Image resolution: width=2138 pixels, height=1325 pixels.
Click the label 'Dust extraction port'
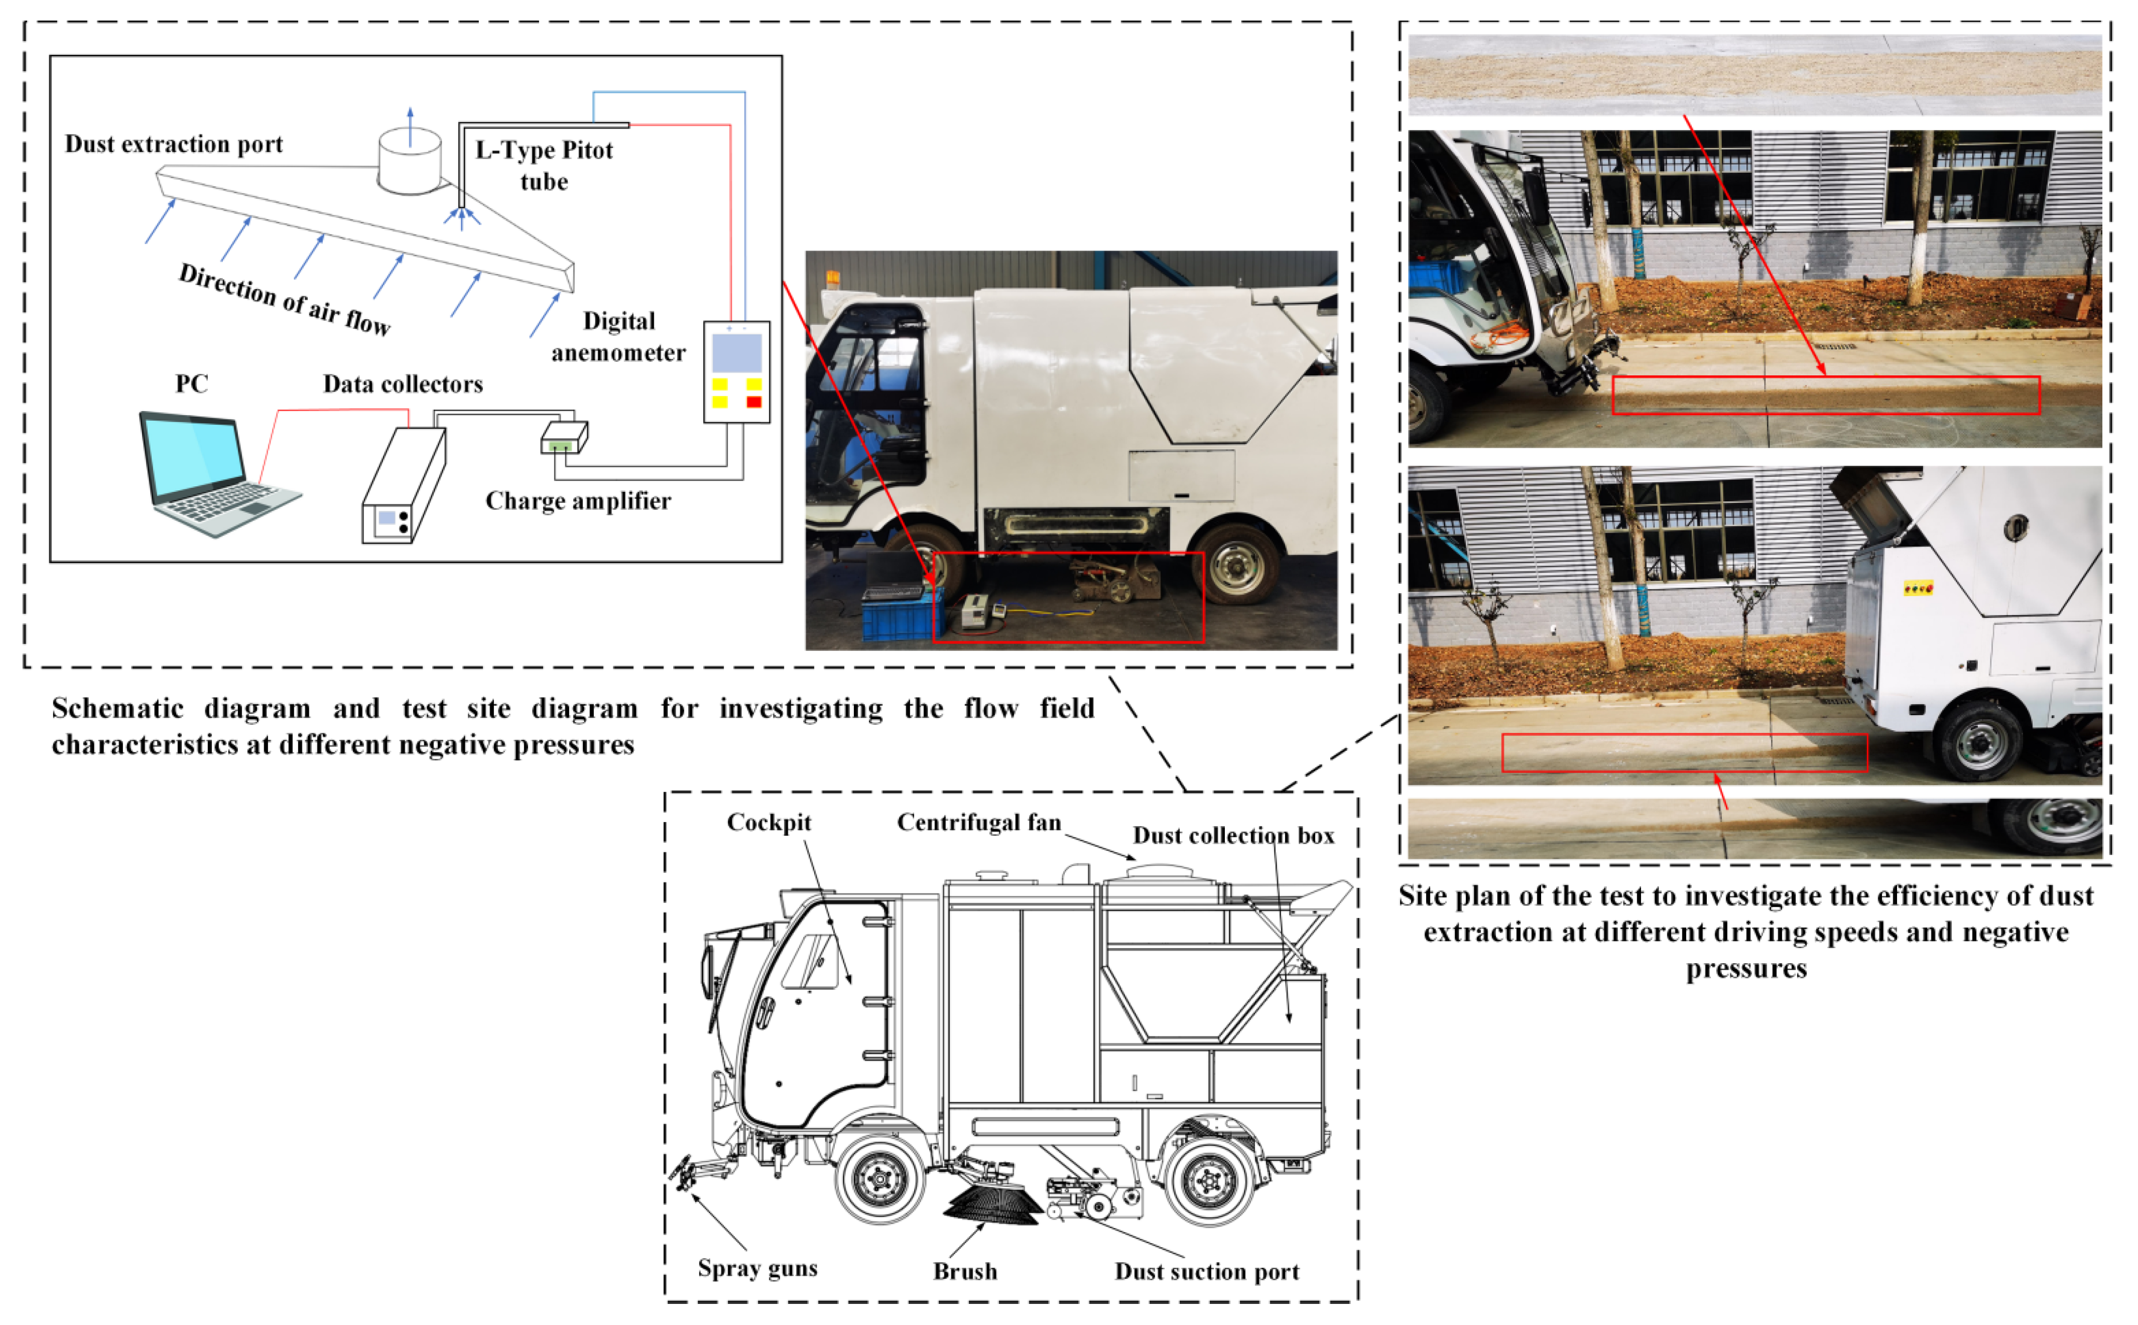[174, 144]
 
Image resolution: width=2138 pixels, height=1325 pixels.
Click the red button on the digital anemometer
[753, 402]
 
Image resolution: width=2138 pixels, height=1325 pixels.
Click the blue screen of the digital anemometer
[736, 353]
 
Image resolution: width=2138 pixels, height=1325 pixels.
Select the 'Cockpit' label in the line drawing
[769, 822]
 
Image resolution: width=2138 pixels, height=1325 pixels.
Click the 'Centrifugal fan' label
[979, 822]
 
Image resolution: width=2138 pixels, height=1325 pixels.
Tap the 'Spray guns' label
[757, 1268]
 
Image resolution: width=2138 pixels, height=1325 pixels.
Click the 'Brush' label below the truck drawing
[965, 1271]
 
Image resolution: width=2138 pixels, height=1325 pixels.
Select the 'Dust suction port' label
[1207, 1271]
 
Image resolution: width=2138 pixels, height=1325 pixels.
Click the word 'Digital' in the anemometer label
[618, 321]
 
